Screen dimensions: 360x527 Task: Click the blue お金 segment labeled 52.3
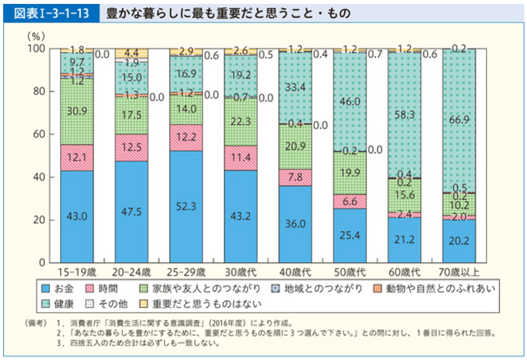point(186,206)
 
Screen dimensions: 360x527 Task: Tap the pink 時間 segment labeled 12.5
point(131,147)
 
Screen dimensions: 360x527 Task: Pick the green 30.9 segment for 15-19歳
point(76,111)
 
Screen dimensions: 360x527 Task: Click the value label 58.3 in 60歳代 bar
point(404,114)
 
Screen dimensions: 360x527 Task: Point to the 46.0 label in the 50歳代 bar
point(350,102)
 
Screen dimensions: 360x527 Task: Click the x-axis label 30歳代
point(240,271)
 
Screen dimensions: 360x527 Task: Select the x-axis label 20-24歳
point(131,271)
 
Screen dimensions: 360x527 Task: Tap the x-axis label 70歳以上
point(459,271)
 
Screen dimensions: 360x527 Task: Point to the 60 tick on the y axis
point(38,134)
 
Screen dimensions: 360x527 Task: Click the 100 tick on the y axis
point(36,49)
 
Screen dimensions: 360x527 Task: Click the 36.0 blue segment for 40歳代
point(295,224)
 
